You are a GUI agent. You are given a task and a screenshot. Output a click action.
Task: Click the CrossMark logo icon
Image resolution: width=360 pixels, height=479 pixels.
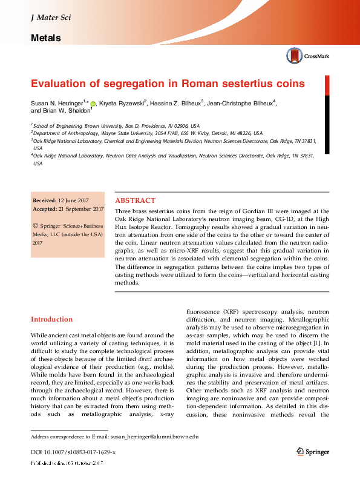point(294,56)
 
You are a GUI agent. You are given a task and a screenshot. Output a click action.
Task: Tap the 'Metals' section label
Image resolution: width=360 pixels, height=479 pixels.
point(45,38)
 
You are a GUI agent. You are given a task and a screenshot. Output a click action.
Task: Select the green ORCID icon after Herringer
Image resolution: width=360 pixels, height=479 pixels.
point(93,104)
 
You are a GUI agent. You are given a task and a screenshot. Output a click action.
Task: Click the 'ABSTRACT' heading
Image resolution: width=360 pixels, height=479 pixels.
point(135,200)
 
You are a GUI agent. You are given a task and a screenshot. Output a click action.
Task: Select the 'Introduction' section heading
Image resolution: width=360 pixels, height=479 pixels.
point(51,319)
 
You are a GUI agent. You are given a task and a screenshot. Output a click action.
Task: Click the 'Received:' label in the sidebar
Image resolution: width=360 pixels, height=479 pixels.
point(44,200)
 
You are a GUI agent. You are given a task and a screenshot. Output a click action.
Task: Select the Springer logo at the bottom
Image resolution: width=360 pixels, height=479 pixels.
point(313,451)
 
